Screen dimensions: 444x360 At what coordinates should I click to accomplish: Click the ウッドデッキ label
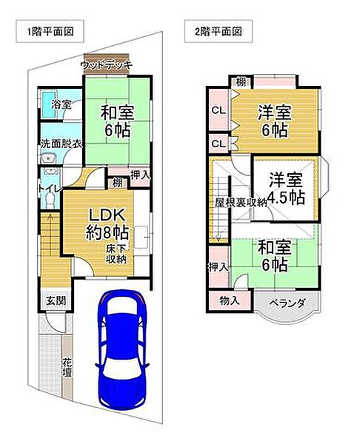107,65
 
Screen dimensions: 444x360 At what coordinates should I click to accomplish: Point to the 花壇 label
66,368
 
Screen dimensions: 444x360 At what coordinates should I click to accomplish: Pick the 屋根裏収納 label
241,201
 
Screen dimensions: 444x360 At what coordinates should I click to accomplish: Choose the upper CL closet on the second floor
218,110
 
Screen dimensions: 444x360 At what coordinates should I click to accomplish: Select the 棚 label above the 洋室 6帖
241,81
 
